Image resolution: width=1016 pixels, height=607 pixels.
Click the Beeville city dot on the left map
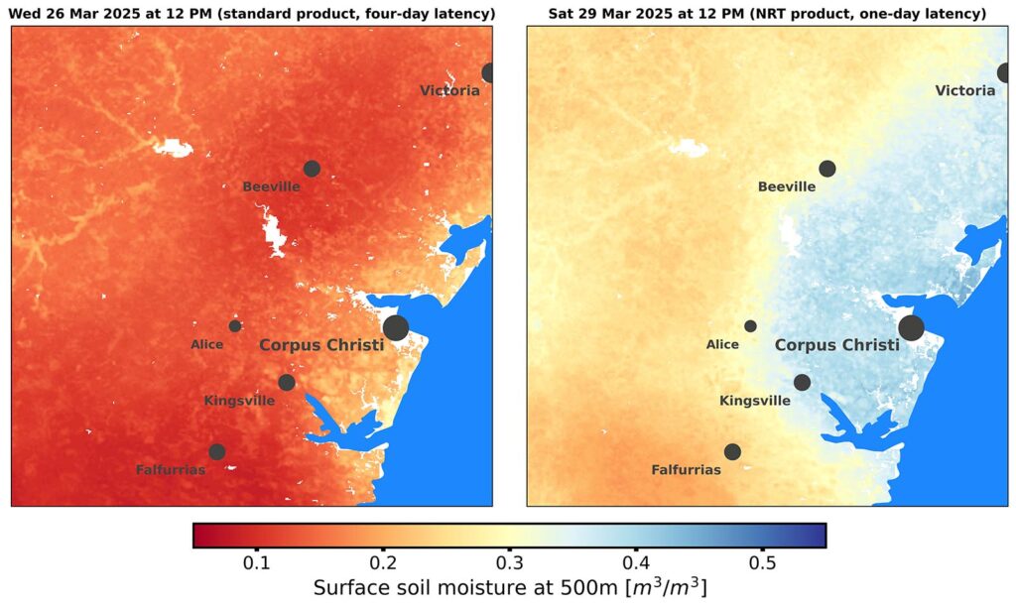(312, 169)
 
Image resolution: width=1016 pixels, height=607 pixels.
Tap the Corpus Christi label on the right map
(836, 345)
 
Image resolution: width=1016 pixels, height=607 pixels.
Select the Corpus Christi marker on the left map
(396, 327)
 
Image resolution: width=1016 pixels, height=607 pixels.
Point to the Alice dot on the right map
(750, 326)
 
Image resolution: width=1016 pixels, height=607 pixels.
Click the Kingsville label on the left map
(239, 401)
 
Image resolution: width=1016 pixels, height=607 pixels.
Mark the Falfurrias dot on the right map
(732, 451)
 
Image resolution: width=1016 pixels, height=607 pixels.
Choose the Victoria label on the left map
(449, 90)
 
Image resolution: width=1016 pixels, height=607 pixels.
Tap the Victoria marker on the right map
(1005, 72)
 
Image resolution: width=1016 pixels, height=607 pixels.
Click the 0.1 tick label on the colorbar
(257, 561)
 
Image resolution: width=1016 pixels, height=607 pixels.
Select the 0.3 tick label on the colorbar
(509, 561)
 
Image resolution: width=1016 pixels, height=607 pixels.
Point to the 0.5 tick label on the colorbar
(762, 561)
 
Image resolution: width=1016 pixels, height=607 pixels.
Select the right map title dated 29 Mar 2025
(767, 13)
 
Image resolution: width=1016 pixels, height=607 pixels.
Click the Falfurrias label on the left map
(171, 470)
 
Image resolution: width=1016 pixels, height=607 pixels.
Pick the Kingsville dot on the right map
(802, 382)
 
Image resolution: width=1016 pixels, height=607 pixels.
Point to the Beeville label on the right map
(787, 186)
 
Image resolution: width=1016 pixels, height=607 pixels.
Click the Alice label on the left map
(206, 345)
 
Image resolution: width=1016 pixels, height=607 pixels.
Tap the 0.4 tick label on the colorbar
(636, 561)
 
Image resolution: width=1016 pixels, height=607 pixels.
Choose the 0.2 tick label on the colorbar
(383, 561)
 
